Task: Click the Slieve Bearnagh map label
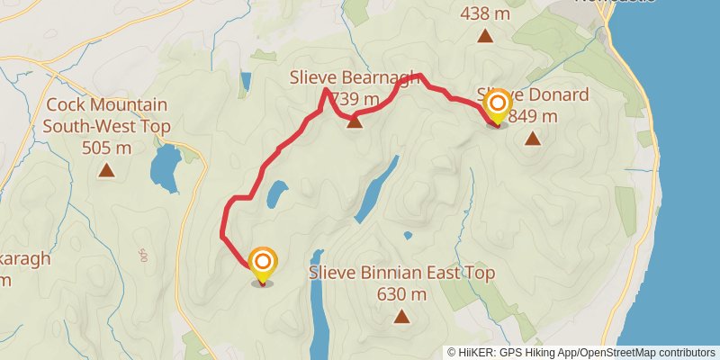coord(355,78)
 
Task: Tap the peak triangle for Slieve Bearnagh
coord(355,121)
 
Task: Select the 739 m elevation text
coord(355,98)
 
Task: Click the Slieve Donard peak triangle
coord(533,139)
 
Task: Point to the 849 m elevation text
coord(533,116)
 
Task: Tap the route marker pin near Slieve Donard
coord(496,107)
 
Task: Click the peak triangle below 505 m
coord(106,169)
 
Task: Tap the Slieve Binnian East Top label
coord(401,273)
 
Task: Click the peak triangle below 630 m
coord(401,316)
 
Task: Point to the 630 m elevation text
coord(401,293)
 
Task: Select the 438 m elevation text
coord(485,14)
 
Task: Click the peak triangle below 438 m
coord(485,36)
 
